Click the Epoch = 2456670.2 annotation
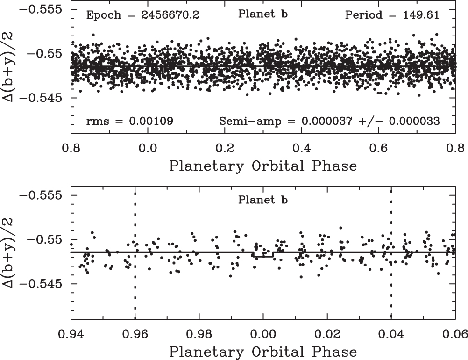[x=142, y=15]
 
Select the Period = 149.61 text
[x=392, y=15]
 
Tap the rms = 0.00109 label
[x=129, y=121]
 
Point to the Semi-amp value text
[x=329, y=121]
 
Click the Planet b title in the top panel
[x=262, y=14]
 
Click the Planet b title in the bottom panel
[x=262, y=200]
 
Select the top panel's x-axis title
[x=263, y=166]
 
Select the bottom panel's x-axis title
[x=263, y=352]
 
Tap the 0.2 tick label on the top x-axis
[x=225, y=148]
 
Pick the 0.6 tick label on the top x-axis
[x=378, y=148]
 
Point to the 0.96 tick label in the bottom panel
[x=135, y=334]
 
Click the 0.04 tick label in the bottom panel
[x=391, y=334]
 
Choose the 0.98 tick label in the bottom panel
[x=199, y=334]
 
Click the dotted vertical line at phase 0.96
[x=135, y=252]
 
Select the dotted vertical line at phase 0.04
[x=391, y=252]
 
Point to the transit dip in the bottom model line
[x=263, y=256]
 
